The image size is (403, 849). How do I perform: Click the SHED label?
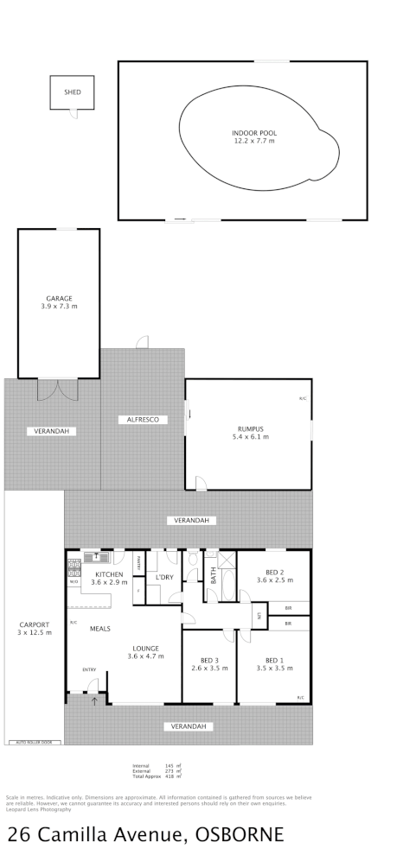click(x=72, y=91)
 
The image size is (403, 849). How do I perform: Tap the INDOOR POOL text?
click(x=253, y=132)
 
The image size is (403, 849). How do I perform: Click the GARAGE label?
click(x=59, y=299)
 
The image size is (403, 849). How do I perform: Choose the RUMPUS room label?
click(x=250, y=429)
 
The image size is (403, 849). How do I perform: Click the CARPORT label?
click(x=35, y=624)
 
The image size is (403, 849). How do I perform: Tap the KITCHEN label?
click(x=109, y=574)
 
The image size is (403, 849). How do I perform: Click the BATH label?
click(x=214, y=576)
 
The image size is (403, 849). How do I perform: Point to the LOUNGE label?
click(x=145, y=648)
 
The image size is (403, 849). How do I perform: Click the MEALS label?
click(x=100, y=629)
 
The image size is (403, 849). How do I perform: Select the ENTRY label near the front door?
click(x=88, y=669)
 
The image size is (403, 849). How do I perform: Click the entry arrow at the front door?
click(x=95, y=701)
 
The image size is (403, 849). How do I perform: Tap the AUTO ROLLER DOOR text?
click(x=35, y=741)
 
